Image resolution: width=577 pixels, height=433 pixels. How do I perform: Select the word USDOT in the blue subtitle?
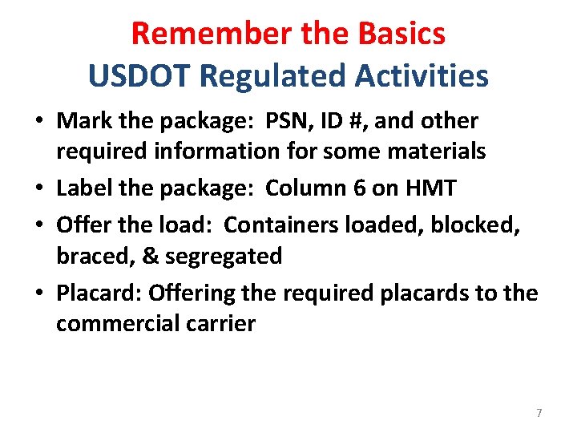coord(139,76)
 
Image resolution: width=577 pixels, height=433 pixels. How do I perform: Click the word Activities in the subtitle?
coord(424,76)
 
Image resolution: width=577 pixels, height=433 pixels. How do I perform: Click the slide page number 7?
coord(539,413)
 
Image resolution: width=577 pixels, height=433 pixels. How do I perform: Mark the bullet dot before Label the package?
coord(38,190)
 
